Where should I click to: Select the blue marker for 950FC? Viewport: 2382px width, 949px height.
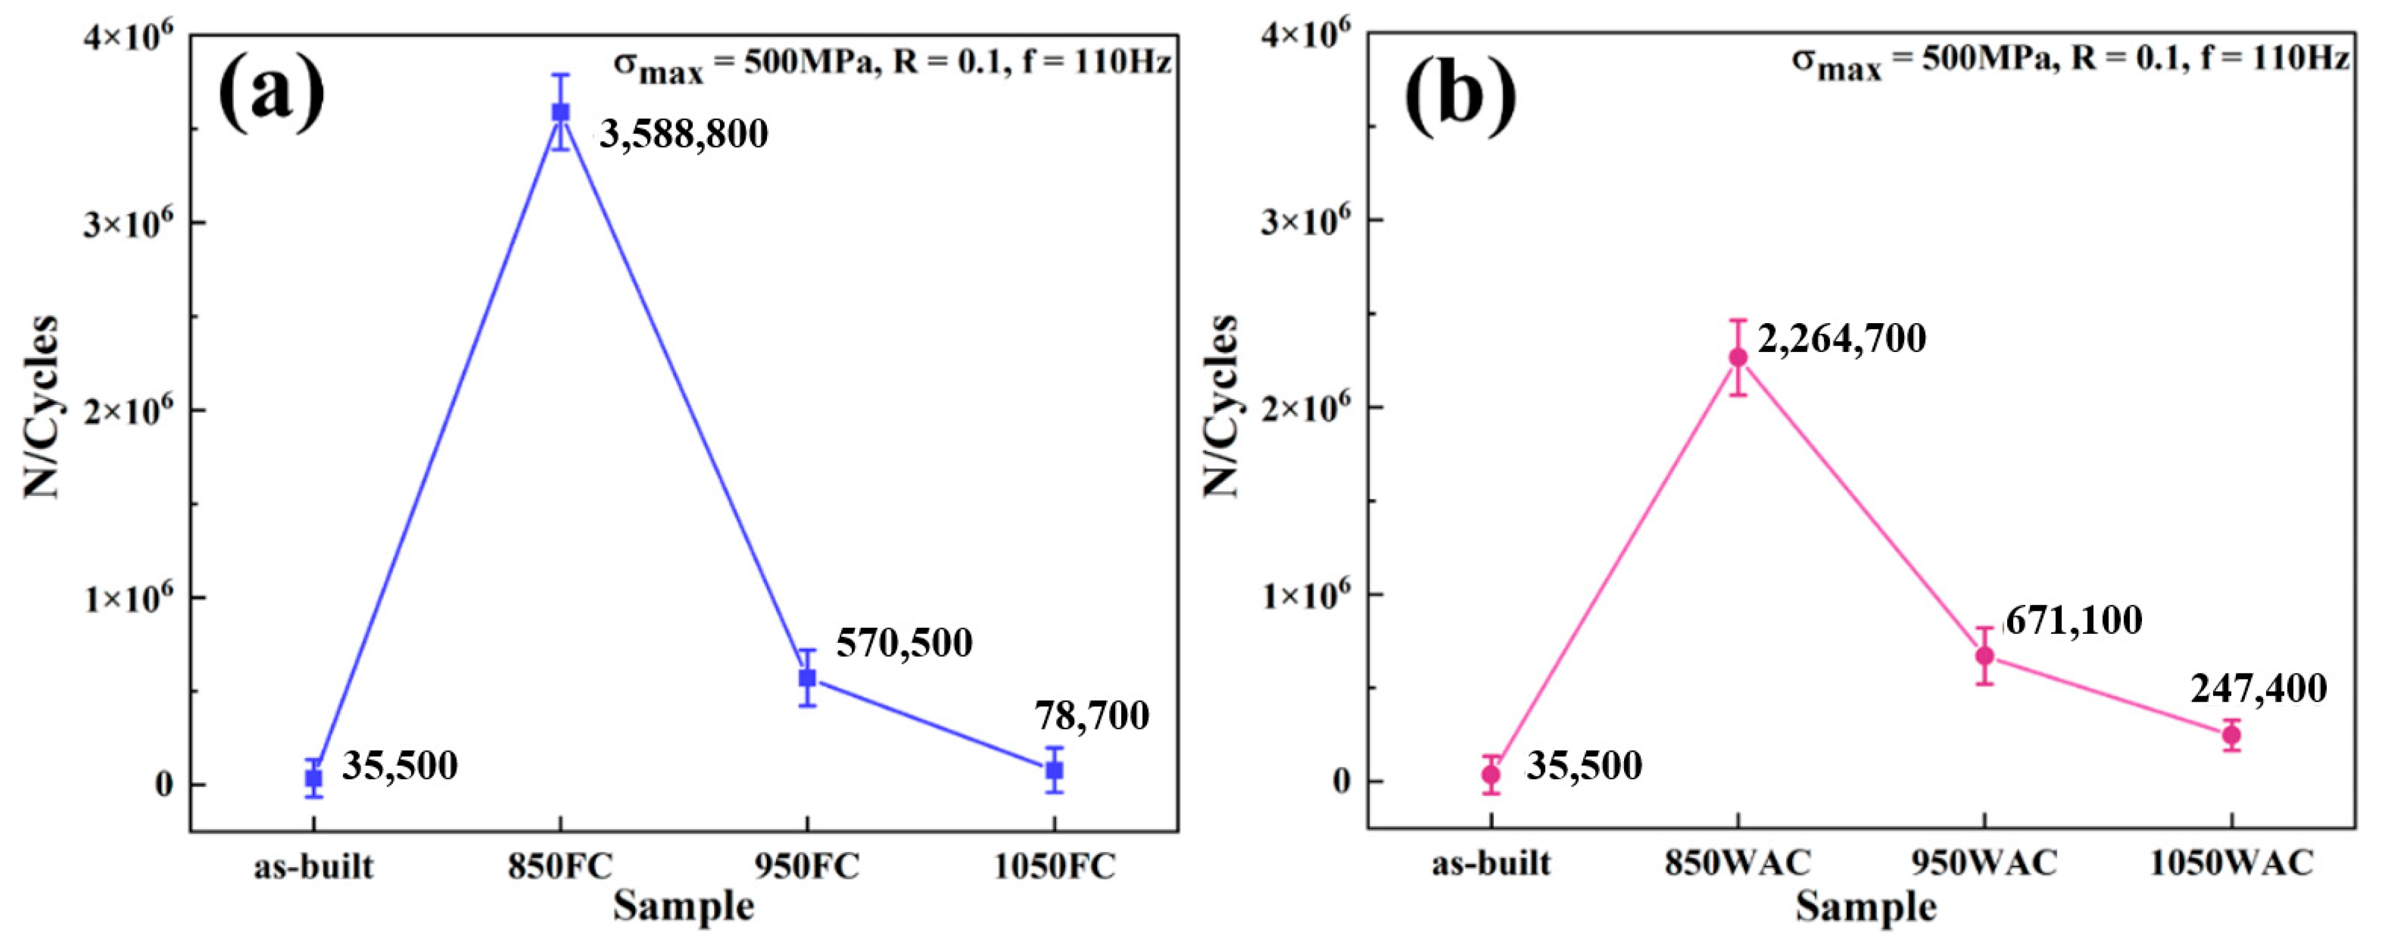point(807,678)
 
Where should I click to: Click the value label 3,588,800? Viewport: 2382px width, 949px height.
point(685,135)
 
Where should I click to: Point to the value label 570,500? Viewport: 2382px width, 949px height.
point(903,643)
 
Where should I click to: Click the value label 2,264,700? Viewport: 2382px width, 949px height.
point(1841,339)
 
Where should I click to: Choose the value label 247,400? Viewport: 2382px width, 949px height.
point(2258,689)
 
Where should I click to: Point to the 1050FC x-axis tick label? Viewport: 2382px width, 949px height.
point(1054,867)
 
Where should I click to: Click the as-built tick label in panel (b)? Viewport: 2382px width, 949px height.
point(1491,863)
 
